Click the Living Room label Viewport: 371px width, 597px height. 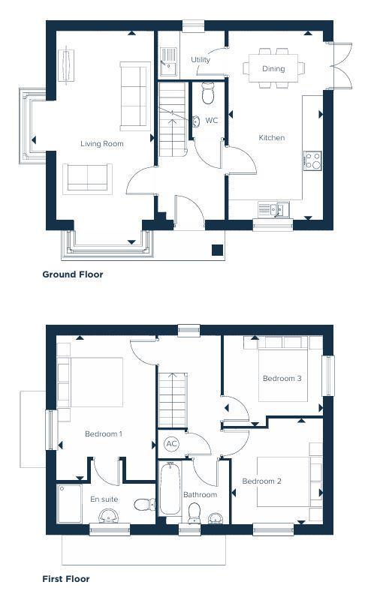click(102, 143)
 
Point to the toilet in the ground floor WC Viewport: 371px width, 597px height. click(208, 92)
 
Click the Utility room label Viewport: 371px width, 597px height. click(201, 60)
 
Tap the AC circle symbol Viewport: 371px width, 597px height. click(171, 444)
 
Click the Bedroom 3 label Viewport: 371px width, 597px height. click(282, 379)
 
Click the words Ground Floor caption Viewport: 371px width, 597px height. click(73, 274)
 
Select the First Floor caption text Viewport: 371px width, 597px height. click(66, 579)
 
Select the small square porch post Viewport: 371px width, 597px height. click(217, 250)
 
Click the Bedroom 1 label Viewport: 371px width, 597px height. click(104, 434)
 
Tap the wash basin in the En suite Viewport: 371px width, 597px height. click(108, 516)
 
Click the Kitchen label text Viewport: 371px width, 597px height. click(271, 138)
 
